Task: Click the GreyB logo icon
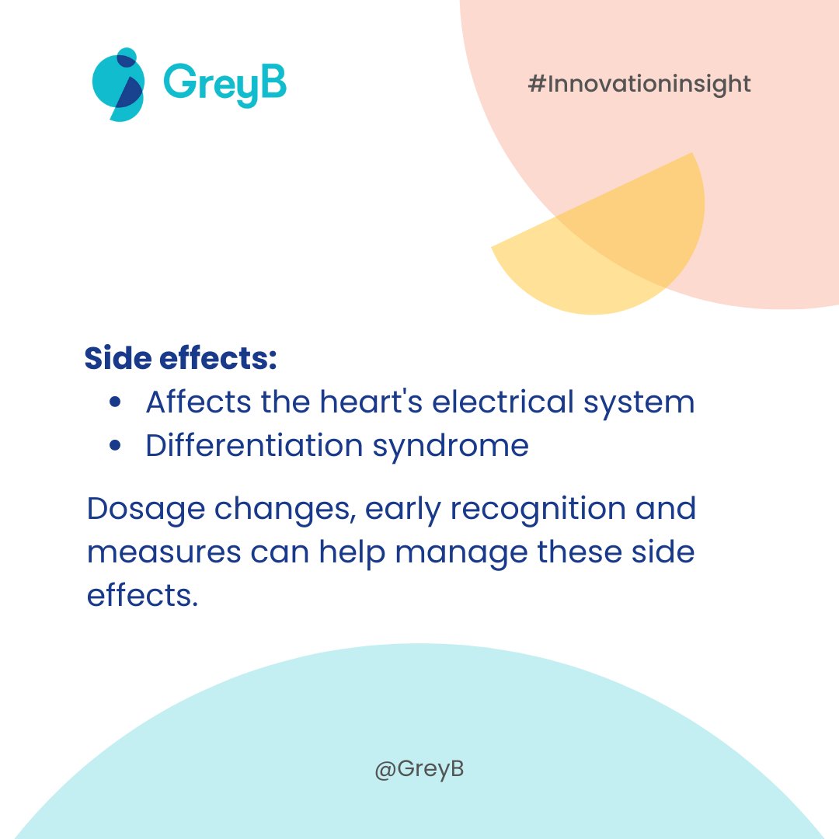tap(117, 85)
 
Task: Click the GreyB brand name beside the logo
tap(225, 83)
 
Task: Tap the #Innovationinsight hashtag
tap(639, 84)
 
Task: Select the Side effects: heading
tap(181, 358)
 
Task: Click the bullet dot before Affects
tap(116, 402)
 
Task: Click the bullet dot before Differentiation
tap(116, 446)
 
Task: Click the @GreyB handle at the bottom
tap(419, 770)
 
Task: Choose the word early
tap(404, 510)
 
